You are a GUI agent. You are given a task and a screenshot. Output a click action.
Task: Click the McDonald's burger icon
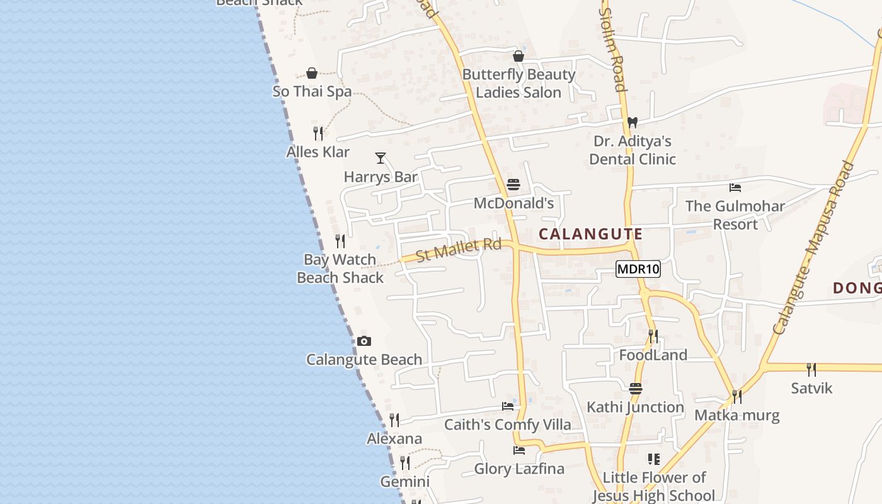click(513, 185)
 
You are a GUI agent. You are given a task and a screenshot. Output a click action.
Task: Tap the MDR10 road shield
click(638, 270)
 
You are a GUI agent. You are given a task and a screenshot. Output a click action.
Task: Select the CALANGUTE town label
click(591, 234)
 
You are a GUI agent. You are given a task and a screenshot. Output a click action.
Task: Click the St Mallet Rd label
click(458, 249)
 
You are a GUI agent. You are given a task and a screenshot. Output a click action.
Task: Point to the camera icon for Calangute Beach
click(364, 341)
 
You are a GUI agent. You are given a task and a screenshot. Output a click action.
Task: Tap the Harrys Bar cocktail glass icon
click(381, 158)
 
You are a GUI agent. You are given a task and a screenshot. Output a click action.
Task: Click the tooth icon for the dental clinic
click(633, 122)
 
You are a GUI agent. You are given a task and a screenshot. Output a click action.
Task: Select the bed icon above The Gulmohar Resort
click(735, 188)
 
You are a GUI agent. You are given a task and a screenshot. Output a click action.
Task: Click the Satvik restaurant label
click(811, 388)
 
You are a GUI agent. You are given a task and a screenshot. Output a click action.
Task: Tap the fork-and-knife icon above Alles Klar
click(318, 134)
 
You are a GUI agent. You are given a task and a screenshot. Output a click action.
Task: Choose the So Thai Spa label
click(312, 91)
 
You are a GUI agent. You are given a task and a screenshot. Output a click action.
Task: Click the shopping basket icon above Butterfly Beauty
click(518, 57)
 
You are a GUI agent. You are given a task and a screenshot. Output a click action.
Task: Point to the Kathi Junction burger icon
click(635, 389)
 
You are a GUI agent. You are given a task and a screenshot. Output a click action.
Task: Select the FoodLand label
click(653, 355)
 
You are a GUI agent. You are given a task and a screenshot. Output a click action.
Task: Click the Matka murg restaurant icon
click(736, 397)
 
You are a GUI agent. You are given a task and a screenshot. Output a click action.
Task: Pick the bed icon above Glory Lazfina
click(518, 450)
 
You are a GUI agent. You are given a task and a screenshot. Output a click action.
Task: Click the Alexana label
click(394, 438)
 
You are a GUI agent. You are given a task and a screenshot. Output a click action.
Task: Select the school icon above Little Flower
click(653, 459)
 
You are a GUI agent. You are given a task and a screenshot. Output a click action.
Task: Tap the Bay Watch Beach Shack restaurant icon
click(340, 241)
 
